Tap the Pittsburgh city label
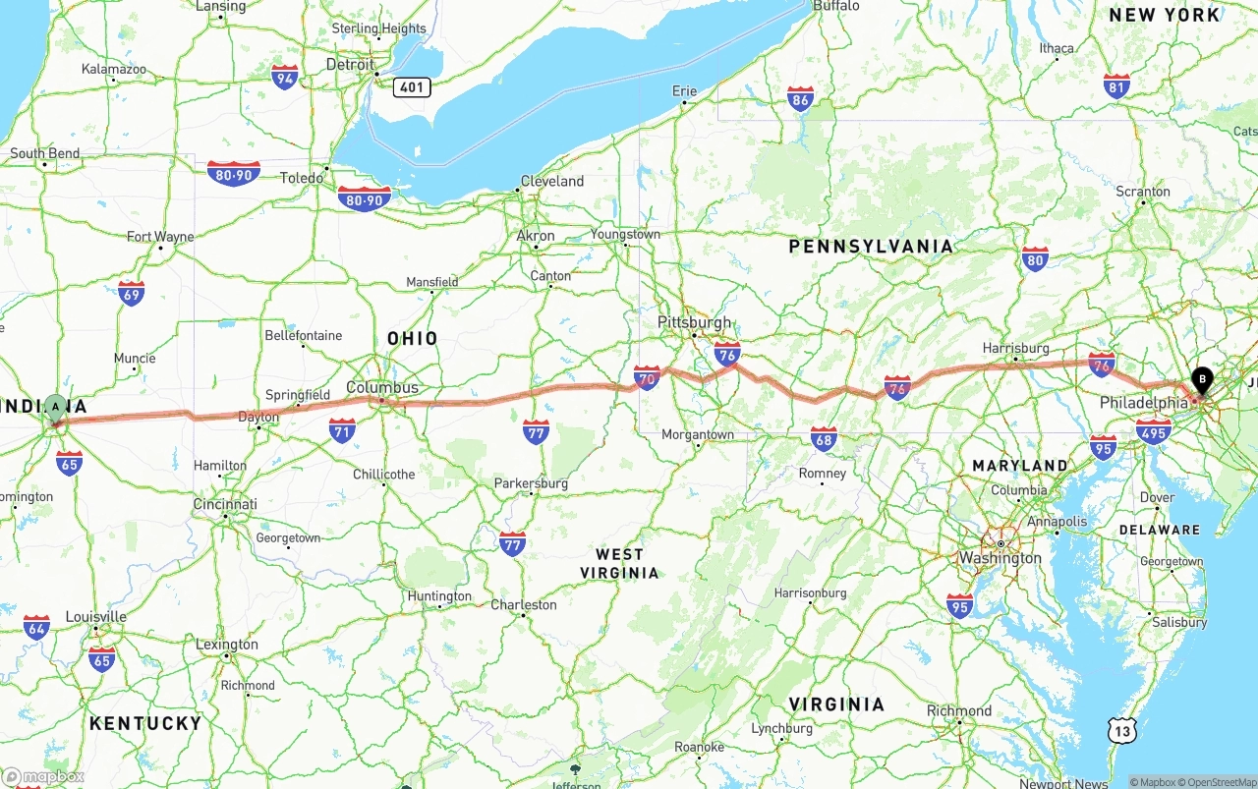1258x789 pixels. pyautogui.click(x=694, y=322)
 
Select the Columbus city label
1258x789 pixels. pyautogui.click(x=382, y=387)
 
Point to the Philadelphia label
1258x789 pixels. pyautogui.click(x=1144, y=403)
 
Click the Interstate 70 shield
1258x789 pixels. pyautogui.click(x=647, y=378)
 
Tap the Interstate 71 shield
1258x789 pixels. pyautogui.click(x=342, y=430)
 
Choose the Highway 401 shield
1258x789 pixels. pyautogui.click(x=412, y=87)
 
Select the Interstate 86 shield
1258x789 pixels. pyautogui.click(x=800, y=99)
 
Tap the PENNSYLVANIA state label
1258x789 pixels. pyautogui.click(x=871, y=247)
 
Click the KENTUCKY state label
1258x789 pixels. pyautogui.click(x=145, y=723)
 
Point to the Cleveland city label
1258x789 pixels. pyautogui.click(x=552, y=181)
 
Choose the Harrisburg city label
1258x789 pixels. pyautogui.click(x=1016, y=348)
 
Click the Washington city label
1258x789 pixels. pyautogui.click(x=1001, y=558)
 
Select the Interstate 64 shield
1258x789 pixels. pyautogui.click(x=36, y=627)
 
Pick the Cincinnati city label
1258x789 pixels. pyautogui.click(x=225, y=504)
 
